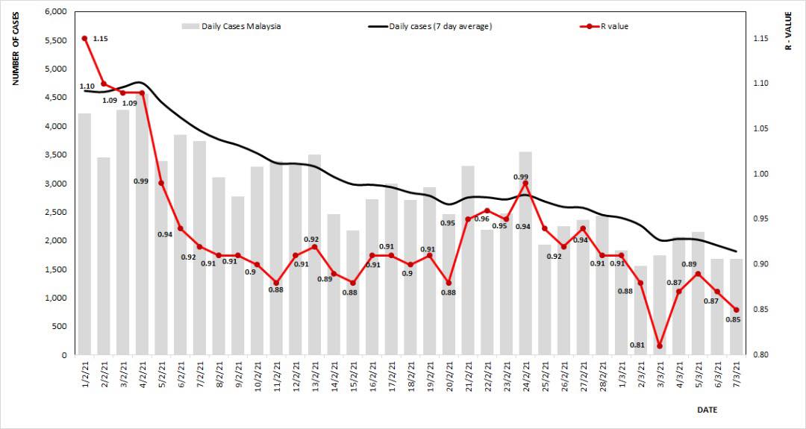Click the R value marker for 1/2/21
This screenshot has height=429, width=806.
(x=85, y=38)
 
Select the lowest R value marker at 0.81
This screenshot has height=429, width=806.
(x=660, y=346)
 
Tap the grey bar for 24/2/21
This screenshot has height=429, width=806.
(x=525, y=254)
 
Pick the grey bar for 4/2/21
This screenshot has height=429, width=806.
(x=143, y=224)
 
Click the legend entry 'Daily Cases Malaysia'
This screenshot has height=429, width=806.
(x=231, y=26)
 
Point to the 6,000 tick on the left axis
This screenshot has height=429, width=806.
(x=56, y=12)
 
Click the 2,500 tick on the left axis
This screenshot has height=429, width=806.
(x=56, y=213)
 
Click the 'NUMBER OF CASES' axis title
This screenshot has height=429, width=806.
(x=16, y=46)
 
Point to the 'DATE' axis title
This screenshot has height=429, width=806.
(x=707, y=410)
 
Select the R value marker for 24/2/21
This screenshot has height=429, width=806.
(x=525, y=183)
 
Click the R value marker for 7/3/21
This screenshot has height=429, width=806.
(x=737, y=310)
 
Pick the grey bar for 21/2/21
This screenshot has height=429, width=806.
(x=468, y=260)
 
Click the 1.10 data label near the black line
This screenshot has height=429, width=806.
(x=87, y=87)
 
